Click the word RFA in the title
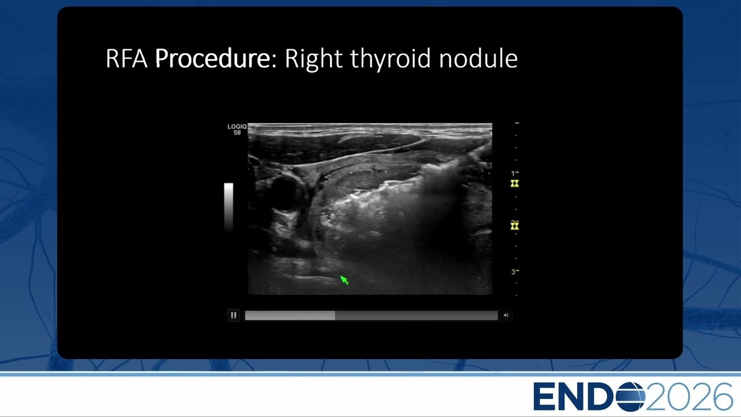click(x=126, y=58)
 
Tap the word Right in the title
click(x=313, y=60)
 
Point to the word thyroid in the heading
click(x=390, y=60)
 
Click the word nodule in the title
click(x=478, y=58)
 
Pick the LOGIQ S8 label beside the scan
click(x=237, y=129)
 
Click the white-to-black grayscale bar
click(x=229, y=207)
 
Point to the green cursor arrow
click(x=344, y=280)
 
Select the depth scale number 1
click(x=513, y=173)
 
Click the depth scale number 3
click(x=513, y=272)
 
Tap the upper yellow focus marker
click(x=515, y=184)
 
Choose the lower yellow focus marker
click(x=515, y=226)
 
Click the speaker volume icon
click(x=506, y=316)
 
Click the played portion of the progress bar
click(x=290, y=316)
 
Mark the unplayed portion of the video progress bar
click(x=416, y=316)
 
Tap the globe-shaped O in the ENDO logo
click(x=630, y=397)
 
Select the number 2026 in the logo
click(x=689, y=397)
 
